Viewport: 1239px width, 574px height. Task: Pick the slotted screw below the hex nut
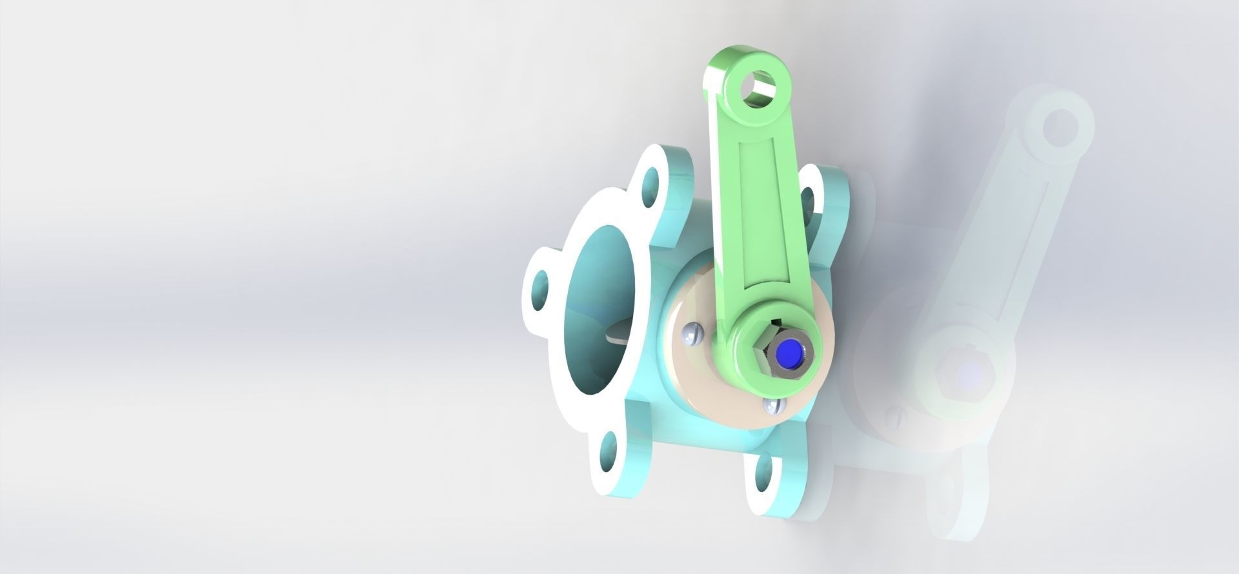[772, 406]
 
